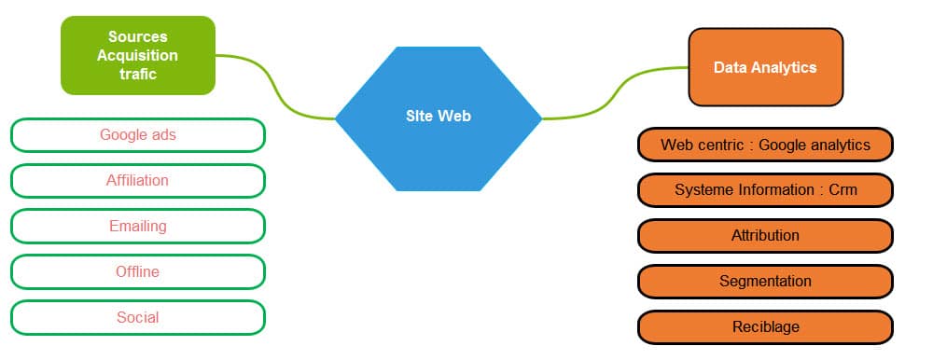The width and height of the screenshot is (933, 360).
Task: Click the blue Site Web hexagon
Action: click(438, 117)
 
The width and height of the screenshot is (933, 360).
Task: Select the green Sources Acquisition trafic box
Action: click(138, 55)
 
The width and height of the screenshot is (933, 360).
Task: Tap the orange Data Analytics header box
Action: click(765, 67)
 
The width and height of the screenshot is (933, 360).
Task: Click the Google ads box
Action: click(138, 135)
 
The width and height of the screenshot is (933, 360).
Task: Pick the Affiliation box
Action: click(138, 181)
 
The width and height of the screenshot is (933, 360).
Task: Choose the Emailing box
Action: click(138, 226)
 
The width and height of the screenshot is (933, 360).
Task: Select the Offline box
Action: click(138, 271)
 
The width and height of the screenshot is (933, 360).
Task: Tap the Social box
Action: click(138, 317)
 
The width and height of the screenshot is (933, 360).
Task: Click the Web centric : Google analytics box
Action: click(765, 145)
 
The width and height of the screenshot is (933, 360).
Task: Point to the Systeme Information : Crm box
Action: click(765, 190)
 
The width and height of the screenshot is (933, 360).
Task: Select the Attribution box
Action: click(765, 235)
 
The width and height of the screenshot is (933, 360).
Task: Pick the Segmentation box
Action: click(765, 281)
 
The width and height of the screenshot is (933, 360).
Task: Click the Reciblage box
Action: click(765, 326)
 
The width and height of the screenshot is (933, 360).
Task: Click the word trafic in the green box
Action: click(138, 74)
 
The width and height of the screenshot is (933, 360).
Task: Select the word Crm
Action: click(842, 190)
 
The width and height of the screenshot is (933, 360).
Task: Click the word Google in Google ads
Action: click(121, 135)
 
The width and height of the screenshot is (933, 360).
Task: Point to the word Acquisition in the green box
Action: click(138, 55)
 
